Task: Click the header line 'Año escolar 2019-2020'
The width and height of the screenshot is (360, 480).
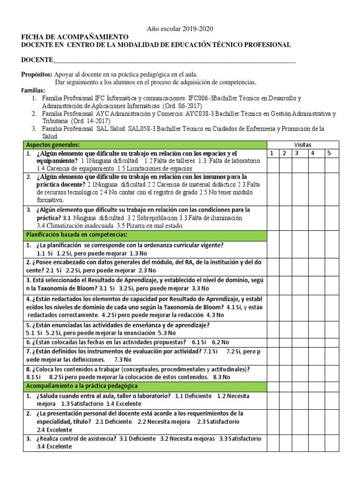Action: pyautogui.click(x=180, y=29)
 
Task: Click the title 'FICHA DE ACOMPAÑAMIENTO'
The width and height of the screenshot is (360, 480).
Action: pyautogui.click(x=75, y=37)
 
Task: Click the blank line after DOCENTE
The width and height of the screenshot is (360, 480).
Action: pyautogui.click(x=174, y=61)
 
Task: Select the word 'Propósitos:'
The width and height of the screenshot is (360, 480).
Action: pyautogui.click(x=37, y=75)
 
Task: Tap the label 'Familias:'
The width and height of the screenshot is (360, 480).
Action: pyautogui.click(x=33, y=90)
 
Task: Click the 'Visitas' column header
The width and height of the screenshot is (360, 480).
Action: pyautogui.click(x=302, y=145)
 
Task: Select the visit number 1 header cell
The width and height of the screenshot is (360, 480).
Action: pyautogui.click(x=272, y=153)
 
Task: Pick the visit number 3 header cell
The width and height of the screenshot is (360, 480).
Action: pyautogui.click(x=296, y=153)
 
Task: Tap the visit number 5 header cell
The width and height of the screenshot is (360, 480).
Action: pyautogui.click(x=329, y=153)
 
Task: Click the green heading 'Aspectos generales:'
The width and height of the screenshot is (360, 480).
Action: pyautogui.click(x=52, y=145)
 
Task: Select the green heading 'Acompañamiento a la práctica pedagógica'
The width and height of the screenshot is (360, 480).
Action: pyautogui.click(x=82, y=386)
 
